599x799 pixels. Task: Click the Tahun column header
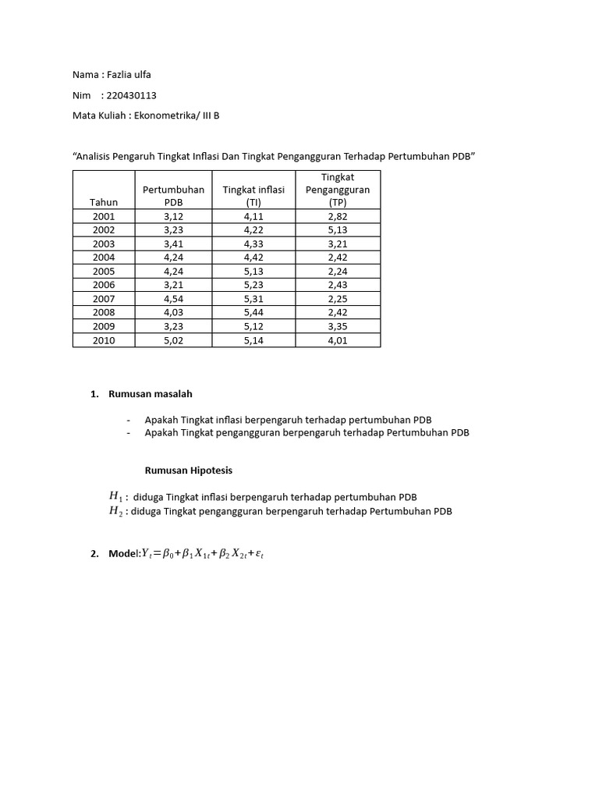click(x=104, y=202)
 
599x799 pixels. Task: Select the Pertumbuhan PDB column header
click(x=173, y=196)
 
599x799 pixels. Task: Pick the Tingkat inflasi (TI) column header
click(x=253, y=196)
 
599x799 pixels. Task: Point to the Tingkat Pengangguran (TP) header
click(x=338, y=190)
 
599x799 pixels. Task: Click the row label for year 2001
click(x=104, y=216)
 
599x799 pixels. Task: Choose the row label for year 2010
click(x=104, y=340)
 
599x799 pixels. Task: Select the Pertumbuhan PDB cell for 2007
click(x=173, y=299)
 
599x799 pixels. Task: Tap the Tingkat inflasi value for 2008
click(x=253, y=313)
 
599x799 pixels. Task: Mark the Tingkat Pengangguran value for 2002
click(x=338, y=230)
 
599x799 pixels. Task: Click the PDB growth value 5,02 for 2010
click(x=173, y=340)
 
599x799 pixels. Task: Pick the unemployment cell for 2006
click(x=338, y=286)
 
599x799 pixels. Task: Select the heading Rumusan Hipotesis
click(x=188, y=471)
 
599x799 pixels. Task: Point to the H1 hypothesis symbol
click(x=116, y=496)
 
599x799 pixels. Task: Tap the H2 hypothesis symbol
click(x=116, y=512)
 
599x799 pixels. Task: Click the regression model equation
click(x=209, y=554)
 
